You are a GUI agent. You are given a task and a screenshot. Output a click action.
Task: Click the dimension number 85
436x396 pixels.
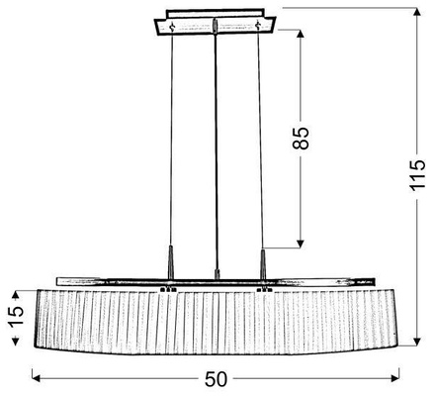click(x=301, y=138)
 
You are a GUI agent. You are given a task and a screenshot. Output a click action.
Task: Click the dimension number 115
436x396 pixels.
click(x=417, y=175)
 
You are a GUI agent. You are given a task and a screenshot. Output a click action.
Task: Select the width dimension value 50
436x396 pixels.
click(x=217, y=379)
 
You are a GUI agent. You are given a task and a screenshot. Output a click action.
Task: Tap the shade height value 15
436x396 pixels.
click(x=16, y=316)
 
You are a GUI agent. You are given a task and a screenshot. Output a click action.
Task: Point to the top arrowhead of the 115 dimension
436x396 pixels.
click(x=417, y=12)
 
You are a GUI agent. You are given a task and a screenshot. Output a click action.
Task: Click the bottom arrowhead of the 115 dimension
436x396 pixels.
click(x=417, y=342)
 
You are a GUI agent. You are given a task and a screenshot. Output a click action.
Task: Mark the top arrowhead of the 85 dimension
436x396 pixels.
click(x=300, y=34)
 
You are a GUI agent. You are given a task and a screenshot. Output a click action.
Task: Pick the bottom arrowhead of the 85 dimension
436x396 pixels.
click(x=300, y=244)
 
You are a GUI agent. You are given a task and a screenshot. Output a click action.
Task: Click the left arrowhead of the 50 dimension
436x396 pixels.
click(x=36, y=378)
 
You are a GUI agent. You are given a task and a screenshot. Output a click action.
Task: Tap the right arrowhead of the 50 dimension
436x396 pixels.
click(x=394, y=378)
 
